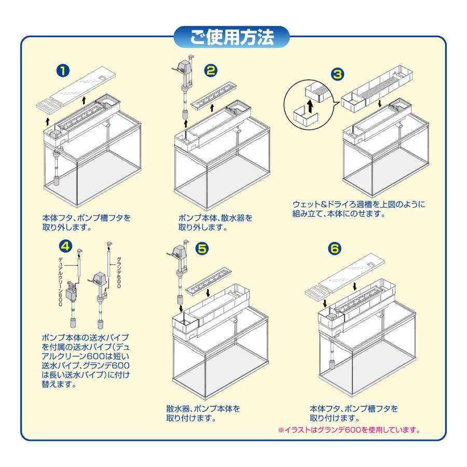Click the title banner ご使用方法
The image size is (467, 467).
[x=232, y=37]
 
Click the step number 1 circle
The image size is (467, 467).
[x=63, y=71]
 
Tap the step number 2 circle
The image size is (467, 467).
[x=211, y=71]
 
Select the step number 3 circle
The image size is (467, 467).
[x=337, y=74]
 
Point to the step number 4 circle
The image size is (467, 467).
[x=65, y=246]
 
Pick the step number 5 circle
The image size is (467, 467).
[x=202, y=249]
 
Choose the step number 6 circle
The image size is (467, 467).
[x=335, y=249]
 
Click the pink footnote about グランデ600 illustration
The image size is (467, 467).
[x=349, y=430]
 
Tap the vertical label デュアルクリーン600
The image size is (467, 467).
[x=61, y=282]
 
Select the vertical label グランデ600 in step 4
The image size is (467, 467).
[x=118, y=272]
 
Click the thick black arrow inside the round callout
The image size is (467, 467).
[x=311, y=106]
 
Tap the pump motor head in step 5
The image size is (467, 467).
[x=178, y=251]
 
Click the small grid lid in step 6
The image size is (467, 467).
[x=318, y=291]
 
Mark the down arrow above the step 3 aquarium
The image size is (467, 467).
[x=380, y=104]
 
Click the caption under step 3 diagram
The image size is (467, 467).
[x=359, y=209]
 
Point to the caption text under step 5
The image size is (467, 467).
[x=203, y=413]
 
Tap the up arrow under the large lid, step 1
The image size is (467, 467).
[x=84, y=100]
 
